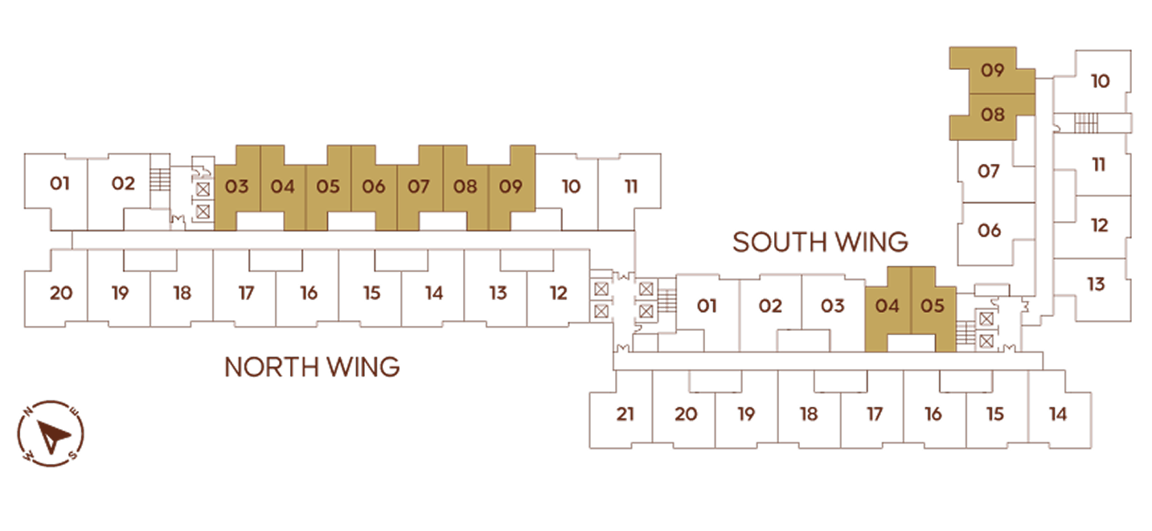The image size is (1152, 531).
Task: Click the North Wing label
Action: [x=312, y=368]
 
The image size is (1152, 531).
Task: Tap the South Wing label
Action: [x=820, y=242]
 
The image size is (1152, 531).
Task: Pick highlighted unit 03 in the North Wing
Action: [x=237, y=187]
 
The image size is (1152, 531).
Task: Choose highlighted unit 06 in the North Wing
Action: [x=373, y=187]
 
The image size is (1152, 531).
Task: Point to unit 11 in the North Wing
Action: [x=631, y=187]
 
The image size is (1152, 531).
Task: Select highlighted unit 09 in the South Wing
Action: [x=992, y=70]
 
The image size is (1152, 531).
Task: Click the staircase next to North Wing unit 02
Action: [x=160, y=180]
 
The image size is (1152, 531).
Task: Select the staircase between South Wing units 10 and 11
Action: [x=1086, y=123]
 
